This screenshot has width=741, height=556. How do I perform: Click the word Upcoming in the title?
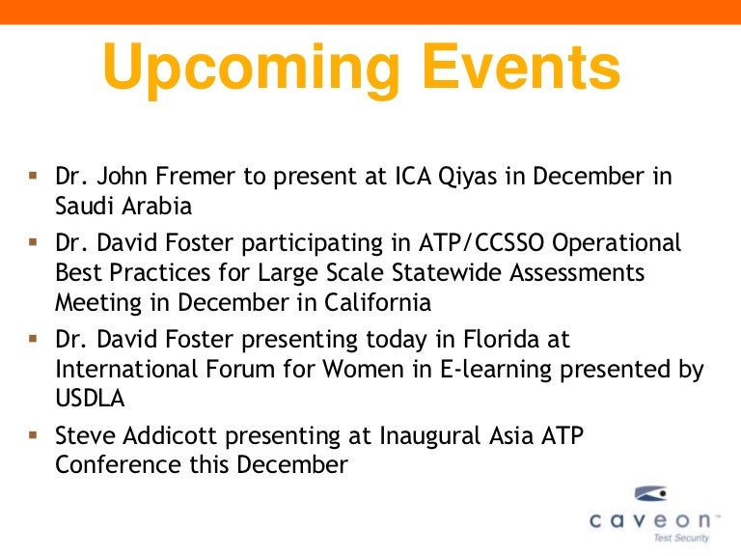(x=251, y=69)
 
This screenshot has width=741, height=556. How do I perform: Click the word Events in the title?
(x=521, y=66)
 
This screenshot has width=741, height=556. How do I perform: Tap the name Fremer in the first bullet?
(x=195, y=176)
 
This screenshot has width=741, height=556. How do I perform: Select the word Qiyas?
(x=467, y=177)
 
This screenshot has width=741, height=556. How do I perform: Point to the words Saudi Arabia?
(x=123, y=207)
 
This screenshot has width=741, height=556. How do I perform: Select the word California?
(x=377, y=302)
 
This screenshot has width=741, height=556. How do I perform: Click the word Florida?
(x=501, y=339)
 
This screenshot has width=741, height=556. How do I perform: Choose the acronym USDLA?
(x=90, y=398)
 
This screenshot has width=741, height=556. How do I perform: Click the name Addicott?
(x=170, y=435)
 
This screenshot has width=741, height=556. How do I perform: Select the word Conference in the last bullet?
(x=118, y=464)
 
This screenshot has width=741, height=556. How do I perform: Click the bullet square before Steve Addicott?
(x=33, y=435)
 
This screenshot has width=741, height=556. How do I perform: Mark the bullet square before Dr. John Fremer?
(x=33, y=176)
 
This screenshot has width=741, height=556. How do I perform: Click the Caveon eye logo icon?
(x=650, y=493)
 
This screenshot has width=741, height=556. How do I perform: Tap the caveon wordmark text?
(x=650, y=520)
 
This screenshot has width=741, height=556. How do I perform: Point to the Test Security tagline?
(x=681, y=538)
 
